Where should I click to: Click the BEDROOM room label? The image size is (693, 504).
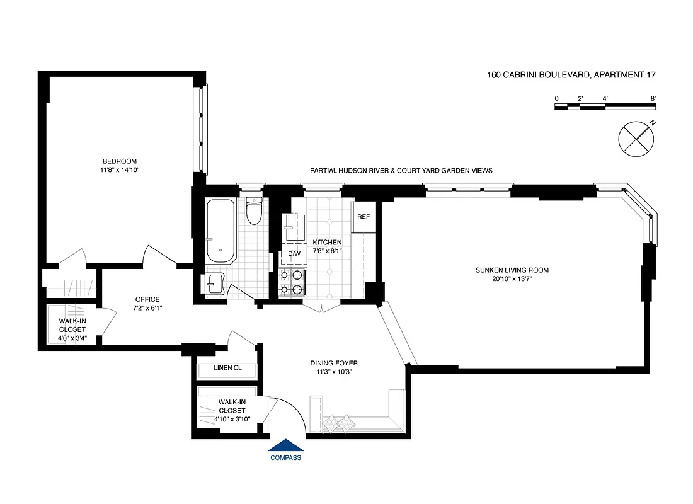click(x=120, y=161)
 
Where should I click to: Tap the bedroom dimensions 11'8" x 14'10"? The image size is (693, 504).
click(x=120, y=170)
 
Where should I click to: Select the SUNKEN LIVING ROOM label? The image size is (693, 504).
click(x=512, y=270)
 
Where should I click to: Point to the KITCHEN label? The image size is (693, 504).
click(x=327, y=242)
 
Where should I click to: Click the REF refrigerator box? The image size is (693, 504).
click(x=363, y=217)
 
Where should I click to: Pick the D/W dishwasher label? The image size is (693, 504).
click(x=294, y=253)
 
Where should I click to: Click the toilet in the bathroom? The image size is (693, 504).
click(x=255, y=212)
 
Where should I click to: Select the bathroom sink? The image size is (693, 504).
click(x=214, y=284)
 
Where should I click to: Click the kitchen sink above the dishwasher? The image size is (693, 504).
click(x=294, y=227)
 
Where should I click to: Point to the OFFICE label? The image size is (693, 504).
click(x=147, y=299)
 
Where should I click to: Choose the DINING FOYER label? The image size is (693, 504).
click(x=334, y=364)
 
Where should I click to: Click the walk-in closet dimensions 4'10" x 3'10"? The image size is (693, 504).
click(x=232, y=419)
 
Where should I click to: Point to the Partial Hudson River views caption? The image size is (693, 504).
click(x=401, y=171)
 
